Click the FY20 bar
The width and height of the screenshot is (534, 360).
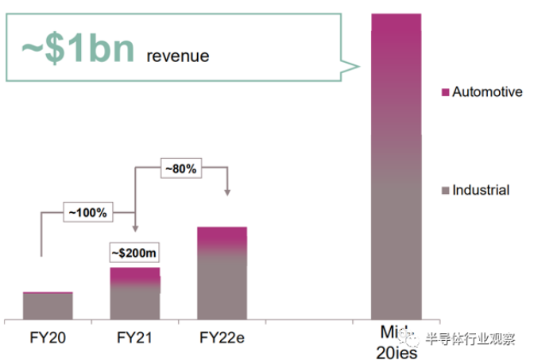48,305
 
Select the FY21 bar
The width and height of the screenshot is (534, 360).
135,293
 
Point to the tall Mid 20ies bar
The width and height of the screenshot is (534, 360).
396,167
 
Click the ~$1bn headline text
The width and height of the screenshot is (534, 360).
78,49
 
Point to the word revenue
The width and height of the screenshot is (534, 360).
178,56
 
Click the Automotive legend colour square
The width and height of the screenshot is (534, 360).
445,93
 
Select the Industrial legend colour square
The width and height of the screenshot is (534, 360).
445,190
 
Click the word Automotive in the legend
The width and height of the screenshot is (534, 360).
486,93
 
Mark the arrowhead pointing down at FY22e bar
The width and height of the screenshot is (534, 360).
227,193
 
